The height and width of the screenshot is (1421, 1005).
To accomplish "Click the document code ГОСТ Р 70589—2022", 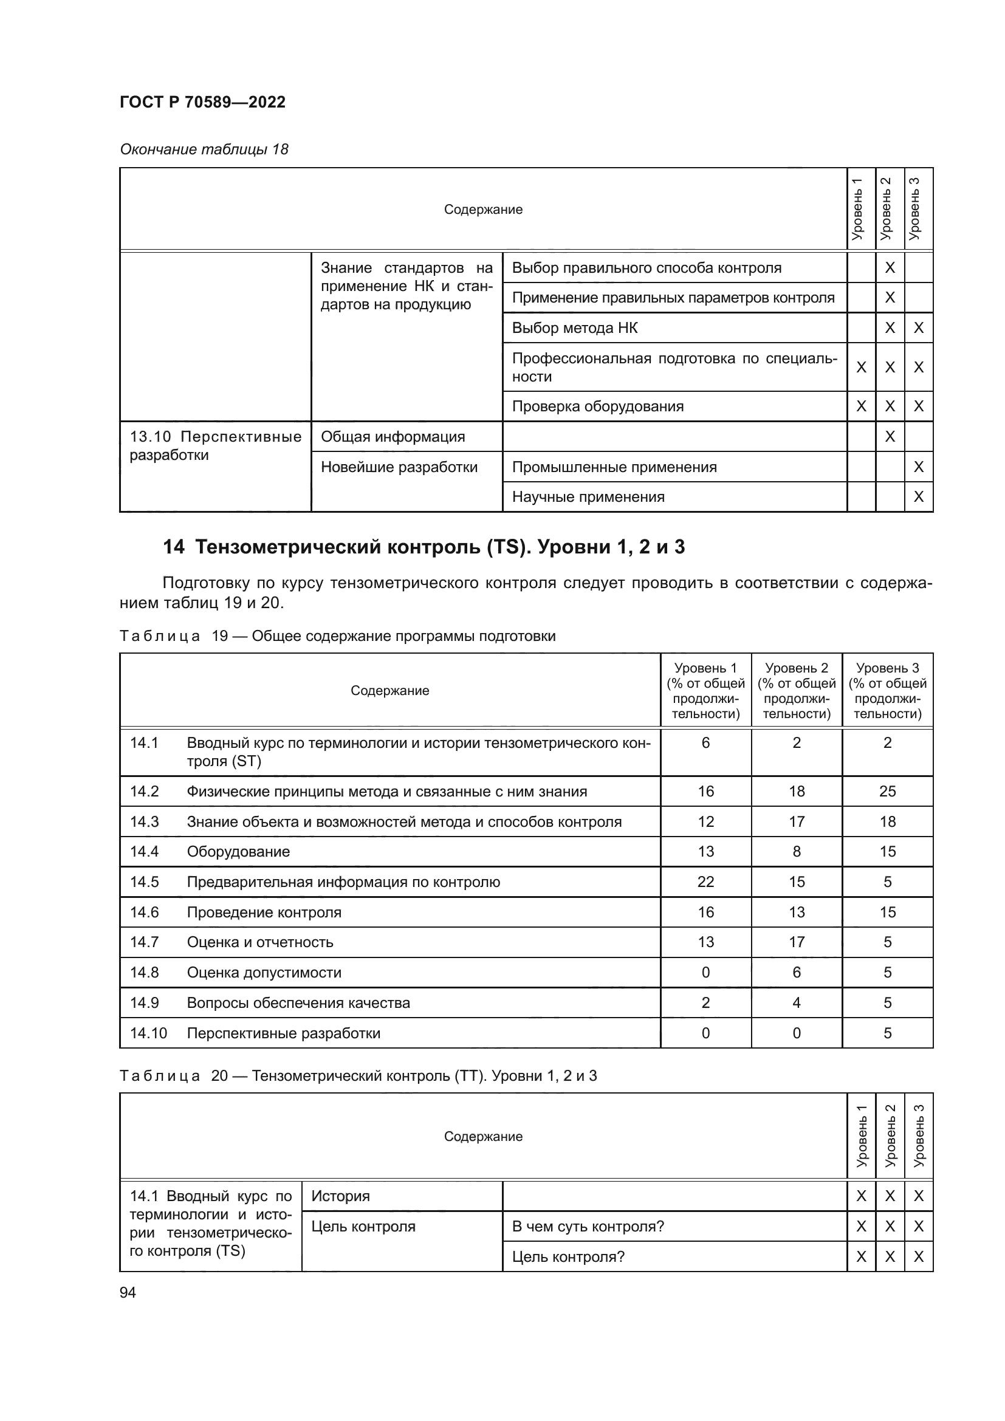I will (202, 102).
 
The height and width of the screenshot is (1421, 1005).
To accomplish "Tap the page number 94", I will (128, 1292).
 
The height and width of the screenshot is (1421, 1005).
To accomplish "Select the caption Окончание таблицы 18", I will (204, 149).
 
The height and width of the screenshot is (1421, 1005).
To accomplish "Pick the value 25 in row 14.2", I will (887, 791).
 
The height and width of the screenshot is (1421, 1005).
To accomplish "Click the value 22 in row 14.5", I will (705, 882).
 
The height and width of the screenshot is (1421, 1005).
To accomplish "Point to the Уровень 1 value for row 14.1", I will (705, 742).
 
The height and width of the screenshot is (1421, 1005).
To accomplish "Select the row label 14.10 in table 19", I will (148, 1033).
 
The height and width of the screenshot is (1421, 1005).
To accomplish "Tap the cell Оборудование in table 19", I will (238, 852).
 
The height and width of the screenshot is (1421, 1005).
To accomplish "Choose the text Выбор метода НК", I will (574, 328).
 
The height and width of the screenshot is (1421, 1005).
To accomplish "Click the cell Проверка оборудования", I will (597, 406).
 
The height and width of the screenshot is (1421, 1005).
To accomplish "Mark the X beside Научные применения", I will (918, 497).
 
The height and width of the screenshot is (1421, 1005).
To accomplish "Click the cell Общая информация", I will (393, 437).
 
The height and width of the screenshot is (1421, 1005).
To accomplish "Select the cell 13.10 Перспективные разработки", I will (214, 445).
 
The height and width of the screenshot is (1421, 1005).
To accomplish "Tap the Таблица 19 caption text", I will (337, 636).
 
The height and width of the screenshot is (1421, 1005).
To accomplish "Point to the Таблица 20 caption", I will (358, 1076).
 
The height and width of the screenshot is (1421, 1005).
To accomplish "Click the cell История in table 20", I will (340, 1196).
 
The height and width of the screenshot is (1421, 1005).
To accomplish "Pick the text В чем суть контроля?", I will (588, 1226).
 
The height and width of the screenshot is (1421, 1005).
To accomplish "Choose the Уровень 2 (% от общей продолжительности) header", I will (796, 690).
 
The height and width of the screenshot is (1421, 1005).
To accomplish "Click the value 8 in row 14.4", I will (796, 852).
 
